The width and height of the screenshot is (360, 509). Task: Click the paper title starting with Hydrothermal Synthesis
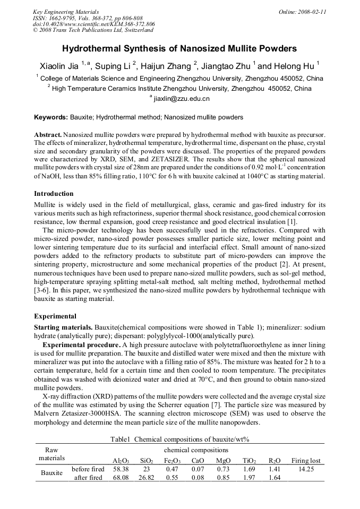[x=179, y=48]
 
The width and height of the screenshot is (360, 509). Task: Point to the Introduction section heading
[x=54, y=194]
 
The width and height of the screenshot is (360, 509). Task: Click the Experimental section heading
[x=55, y=316]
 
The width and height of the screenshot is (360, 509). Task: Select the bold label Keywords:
[x=51, y=117]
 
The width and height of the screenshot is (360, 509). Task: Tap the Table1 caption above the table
[x=180, y=439]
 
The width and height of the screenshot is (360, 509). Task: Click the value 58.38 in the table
[x=121, y=469]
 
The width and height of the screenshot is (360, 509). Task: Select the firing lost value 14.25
[x=306, y=469]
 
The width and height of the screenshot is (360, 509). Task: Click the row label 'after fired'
[x=88, y=478]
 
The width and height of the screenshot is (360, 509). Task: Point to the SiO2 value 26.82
[x=147, y=478]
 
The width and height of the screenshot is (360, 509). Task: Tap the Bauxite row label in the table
[x=51, y=473]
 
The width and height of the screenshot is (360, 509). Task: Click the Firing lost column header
[x=306, y=461]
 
